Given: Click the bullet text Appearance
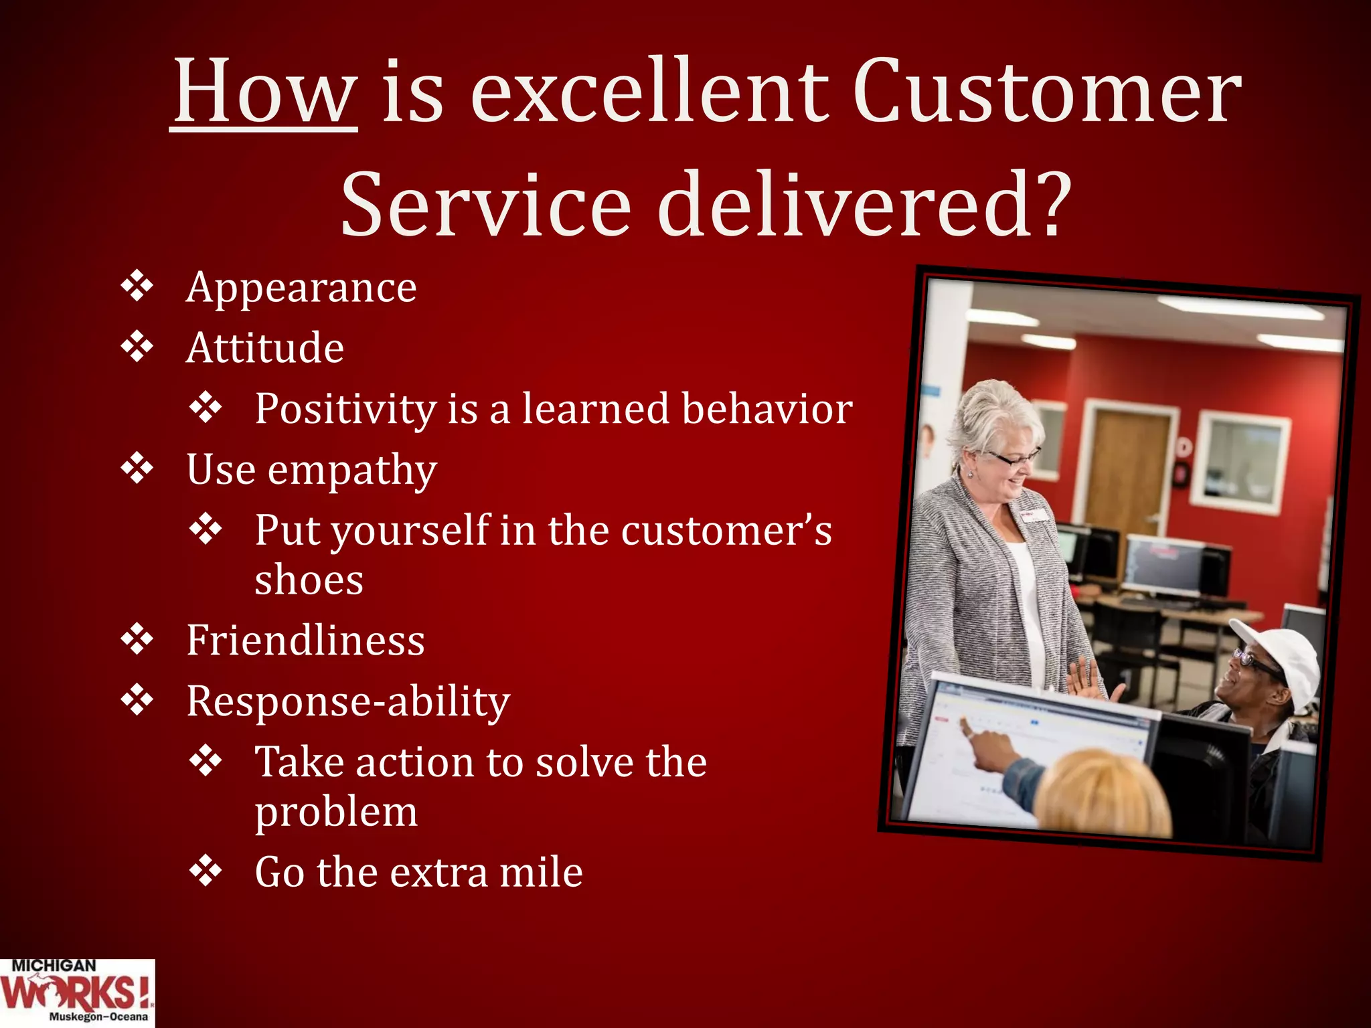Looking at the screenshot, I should [301, 288].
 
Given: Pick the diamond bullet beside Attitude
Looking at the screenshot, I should [137, 347].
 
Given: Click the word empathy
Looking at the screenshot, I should [352, 470].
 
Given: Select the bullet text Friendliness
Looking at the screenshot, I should [305, 640].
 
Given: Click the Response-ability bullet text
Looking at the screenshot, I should [348, 701].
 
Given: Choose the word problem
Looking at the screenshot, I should [336, 812].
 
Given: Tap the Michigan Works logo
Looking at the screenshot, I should [76, 993].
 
